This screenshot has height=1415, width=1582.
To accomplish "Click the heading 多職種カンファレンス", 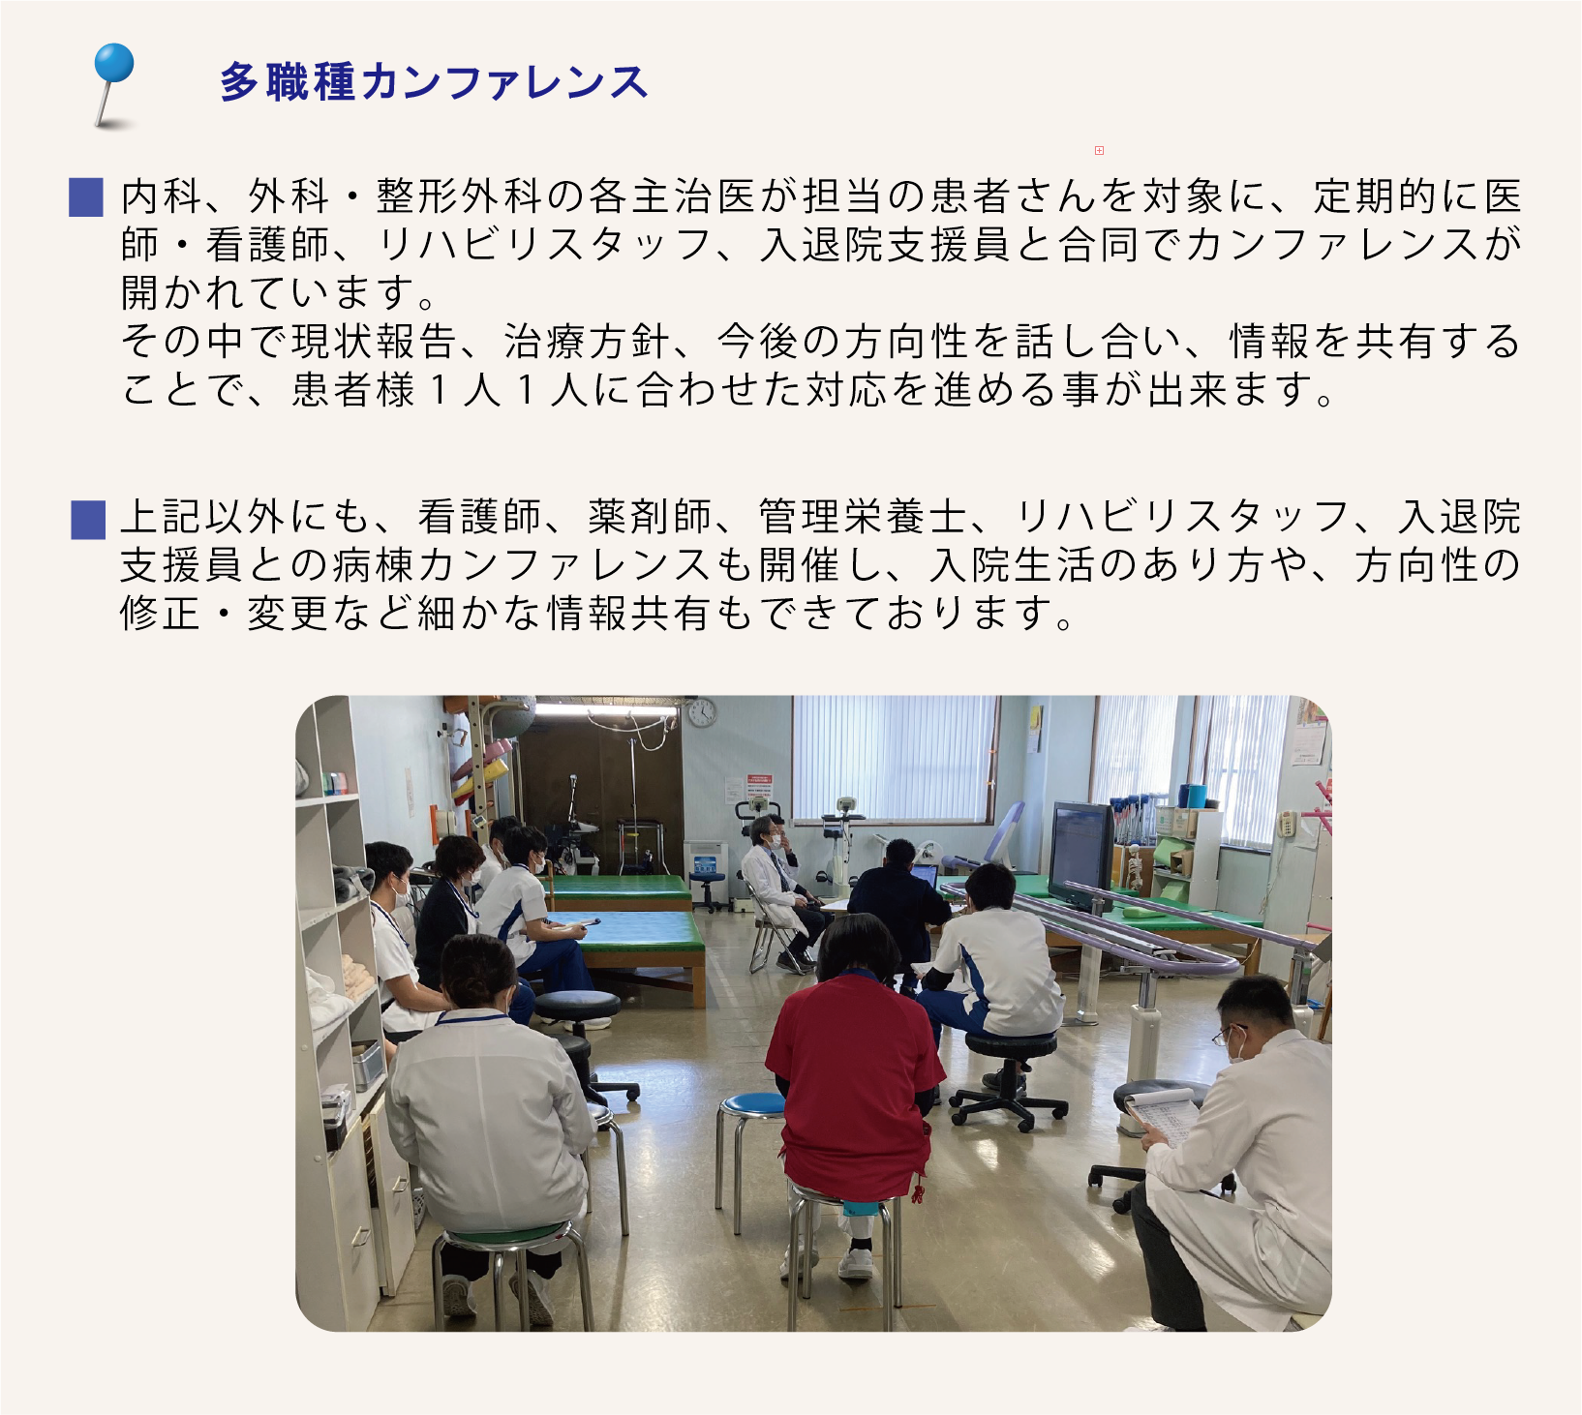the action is pos(433,81).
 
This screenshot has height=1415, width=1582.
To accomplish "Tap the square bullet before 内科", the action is pos(87,197).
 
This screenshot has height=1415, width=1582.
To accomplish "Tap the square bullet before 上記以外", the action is pos(87,519).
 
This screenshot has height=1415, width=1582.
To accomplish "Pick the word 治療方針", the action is pos(587,341).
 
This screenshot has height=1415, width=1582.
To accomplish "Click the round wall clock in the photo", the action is pos(702,713).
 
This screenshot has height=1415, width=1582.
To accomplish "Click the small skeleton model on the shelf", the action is pos(1135,867).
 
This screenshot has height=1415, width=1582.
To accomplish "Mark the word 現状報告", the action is pos(374,341).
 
